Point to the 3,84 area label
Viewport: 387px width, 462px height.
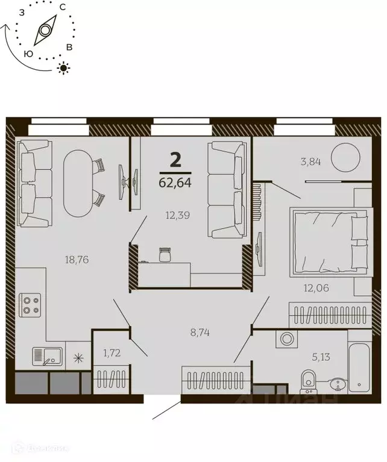[x=311, y=161]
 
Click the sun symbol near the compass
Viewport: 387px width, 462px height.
[x=63, y=67]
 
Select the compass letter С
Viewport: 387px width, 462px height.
[x=63, y=7]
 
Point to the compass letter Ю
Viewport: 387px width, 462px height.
[x=28, y=54]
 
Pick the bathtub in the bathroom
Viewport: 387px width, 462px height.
[x=359, y=361]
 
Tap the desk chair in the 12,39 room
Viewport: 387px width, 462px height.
[x=165, y=254]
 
